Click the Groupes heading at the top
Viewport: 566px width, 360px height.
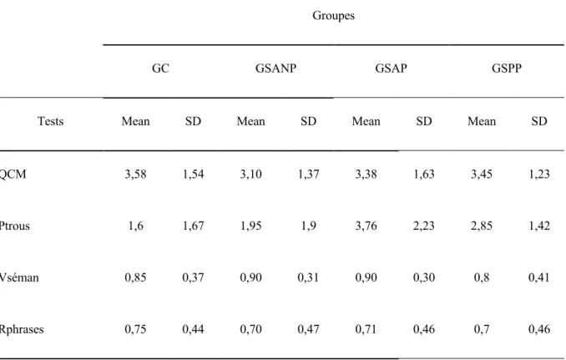pyautogui.click(x=333, y=16)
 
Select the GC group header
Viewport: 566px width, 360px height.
pyautogui.click(x=160, y=68)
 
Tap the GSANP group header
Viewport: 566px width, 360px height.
pyautogui.click(x=275, y=68)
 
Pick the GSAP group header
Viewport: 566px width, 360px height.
pyautogui.click(x=391, y=68)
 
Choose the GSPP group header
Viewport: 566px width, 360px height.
pyautogui.click(x=507, y=68)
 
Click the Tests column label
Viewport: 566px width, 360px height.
pyautogui.click(x=51, y=121)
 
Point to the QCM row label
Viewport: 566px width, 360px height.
pyautogui.click(x=13, y=174)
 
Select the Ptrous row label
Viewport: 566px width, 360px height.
pyautogui.click(x=14, y=226)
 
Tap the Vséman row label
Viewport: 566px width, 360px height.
pyautogui.click(x=18, y=277)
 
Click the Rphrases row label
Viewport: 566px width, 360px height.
pyautogui.click(x=22, y=329)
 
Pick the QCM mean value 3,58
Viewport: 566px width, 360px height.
pyautogui.click(x=135, y=174)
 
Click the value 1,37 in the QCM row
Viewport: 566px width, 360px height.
pyautogui.click(x=308, y=174)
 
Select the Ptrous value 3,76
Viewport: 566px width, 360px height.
pyautogui.click(x=366, y=226)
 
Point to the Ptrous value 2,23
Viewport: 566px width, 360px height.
pyautogui.click(x=424, y=226)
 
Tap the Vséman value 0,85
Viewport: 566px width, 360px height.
pyautogui.click(x=135, y=277)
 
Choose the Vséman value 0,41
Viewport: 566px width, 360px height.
pyautogui.click(x=539, y=277)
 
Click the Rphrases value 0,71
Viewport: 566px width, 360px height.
pyautogui.click(x=366, y=329)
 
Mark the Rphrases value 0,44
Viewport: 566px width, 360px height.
pyautogui.click(x=193, y=329)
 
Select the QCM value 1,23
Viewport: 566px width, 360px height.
pyautogui.click(x=539, y=174)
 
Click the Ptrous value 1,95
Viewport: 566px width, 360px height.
pyautogui.click(x=251, y=226)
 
